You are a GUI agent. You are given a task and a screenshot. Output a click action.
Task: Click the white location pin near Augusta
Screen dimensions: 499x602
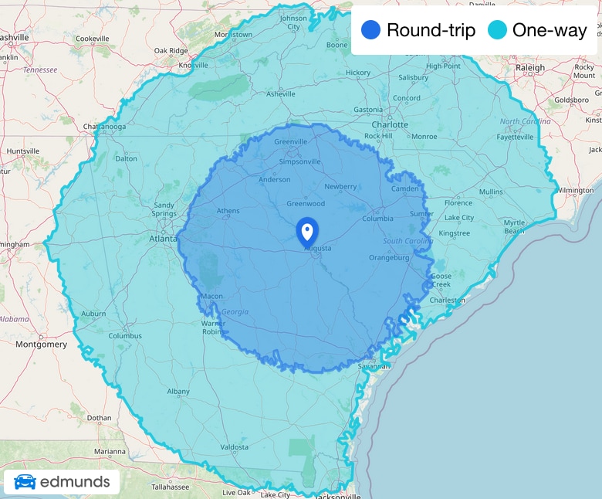coord(306,231)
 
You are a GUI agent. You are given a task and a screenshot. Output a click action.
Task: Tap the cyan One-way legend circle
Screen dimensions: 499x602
coord(497,31)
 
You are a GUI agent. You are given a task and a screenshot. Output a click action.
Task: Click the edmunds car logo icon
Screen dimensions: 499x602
coord(25,483)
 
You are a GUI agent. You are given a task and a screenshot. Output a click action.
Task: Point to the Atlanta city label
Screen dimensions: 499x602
coord(163,239)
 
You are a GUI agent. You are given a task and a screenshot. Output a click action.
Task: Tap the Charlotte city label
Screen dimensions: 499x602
coord(389,124)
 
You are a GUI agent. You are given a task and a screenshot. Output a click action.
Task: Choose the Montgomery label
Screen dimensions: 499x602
coord(41,345)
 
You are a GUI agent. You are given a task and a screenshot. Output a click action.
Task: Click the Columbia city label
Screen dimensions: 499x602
coord(377,219)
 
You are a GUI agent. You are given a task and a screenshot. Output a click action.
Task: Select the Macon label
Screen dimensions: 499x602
coord(211,296)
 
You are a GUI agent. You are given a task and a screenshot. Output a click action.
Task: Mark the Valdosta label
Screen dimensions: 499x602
coord(234,447)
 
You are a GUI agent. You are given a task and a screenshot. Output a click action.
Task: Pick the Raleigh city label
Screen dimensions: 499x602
coord(530,68)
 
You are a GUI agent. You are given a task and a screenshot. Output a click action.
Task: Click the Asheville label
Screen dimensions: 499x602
coord(280,94)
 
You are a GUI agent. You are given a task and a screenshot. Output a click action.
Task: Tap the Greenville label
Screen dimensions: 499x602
coord(290,141)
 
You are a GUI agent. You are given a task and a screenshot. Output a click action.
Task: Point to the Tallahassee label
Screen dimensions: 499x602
coord(171,487)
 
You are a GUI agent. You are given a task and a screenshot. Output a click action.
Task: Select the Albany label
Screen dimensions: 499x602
coord(178,392)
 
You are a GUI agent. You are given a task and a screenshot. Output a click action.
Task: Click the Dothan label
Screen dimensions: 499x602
coord(99,418)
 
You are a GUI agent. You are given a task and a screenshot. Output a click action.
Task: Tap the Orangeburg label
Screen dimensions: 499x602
coord(389,258)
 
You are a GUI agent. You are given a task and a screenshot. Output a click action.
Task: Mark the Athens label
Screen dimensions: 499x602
coord(228,211)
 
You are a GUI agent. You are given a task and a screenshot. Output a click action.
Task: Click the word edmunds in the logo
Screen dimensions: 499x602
coord(75,483)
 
